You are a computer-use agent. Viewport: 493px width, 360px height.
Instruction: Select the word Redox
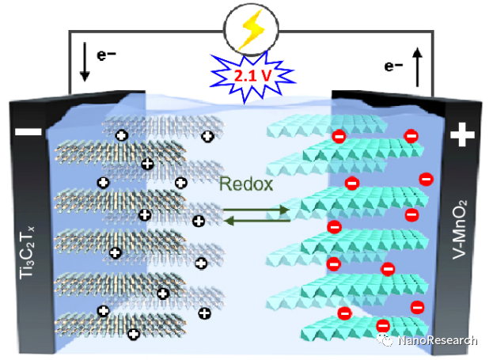[x=247, y=184]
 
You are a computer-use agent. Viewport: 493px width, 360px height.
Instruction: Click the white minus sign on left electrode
[x=26, y=134]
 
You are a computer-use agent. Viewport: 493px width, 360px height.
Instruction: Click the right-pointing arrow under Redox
[x=255, y=210]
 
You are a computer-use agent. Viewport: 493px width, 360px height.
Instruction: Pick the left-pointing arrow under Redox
[x=255, y=222]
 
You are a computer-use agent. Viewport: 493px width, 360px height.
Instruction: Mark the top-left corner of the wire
[x=70, y=32]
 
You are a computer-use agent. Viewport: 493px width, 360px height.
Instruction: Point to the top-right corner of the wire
[x=434, y=32]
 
